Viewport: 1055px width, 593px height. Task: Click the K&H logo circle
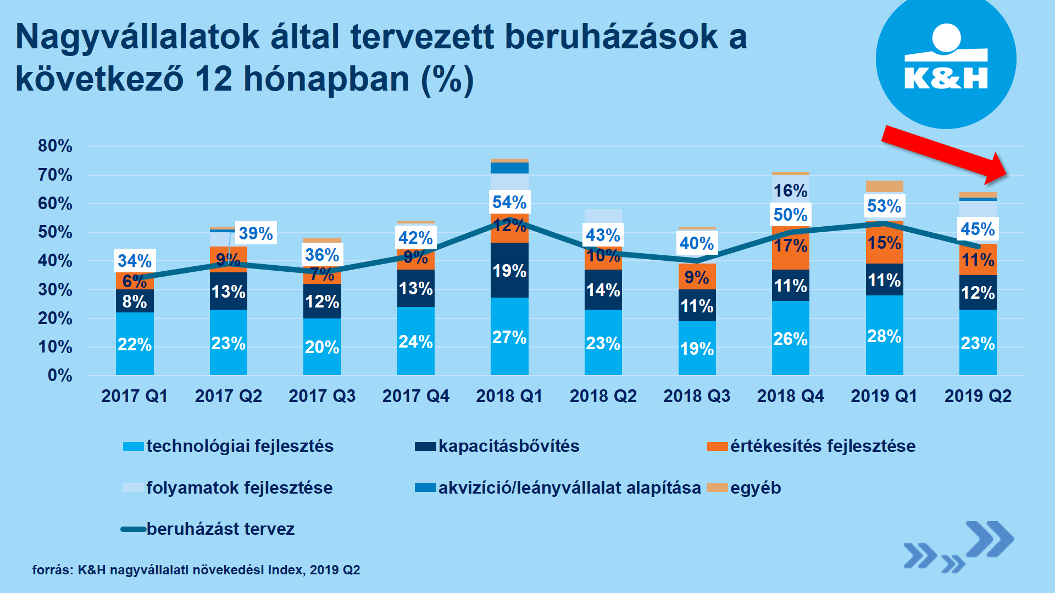pos(946,59)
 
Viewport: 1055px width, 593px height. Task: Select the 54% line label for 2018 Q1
pos(509,202)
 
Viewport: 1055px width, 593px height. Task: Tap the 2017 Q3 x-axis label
pos(322,396)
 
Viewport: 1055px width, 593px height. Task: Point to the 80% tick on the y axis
pos(55,146)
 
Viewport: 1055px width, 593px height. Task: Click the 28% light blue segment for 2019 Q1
pos(884,336)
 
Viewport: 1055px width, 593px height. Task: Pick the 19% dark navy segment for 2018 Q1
pos(509,271)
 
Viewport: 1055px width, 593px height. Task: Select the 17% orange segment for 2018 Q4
pos(790,246)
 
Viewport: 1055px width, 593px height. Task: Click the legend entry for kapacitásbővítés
pos(497,446)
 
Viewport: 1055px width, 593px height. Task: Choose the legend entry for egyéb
pos(745,488)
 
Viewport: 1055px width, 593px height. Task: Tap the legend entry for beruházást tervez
pos(208,529)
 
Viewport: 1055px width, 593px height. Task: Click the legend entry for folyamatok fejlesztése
pos(228,488)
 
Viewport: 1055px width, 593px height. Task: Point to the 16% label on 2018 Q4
pos(790,191)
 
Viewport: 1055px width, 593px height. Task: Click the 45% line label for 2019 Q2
pos(978,229)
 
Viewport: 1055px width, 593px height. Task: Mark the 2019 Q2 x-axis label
pos(978,396)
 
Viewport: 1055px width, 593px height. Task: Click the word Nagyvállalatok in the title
pos(137,37)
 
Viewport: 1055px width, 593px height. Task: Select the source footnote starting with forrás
pos(196,570)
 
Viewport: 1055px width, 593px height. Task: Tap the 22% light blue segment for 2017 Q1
pos(135,344)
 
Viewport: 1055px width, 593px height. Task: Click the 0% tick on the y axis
pos(60,376)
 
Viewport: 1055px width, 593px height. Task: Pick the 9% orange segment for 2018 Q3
pos(697,277)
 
